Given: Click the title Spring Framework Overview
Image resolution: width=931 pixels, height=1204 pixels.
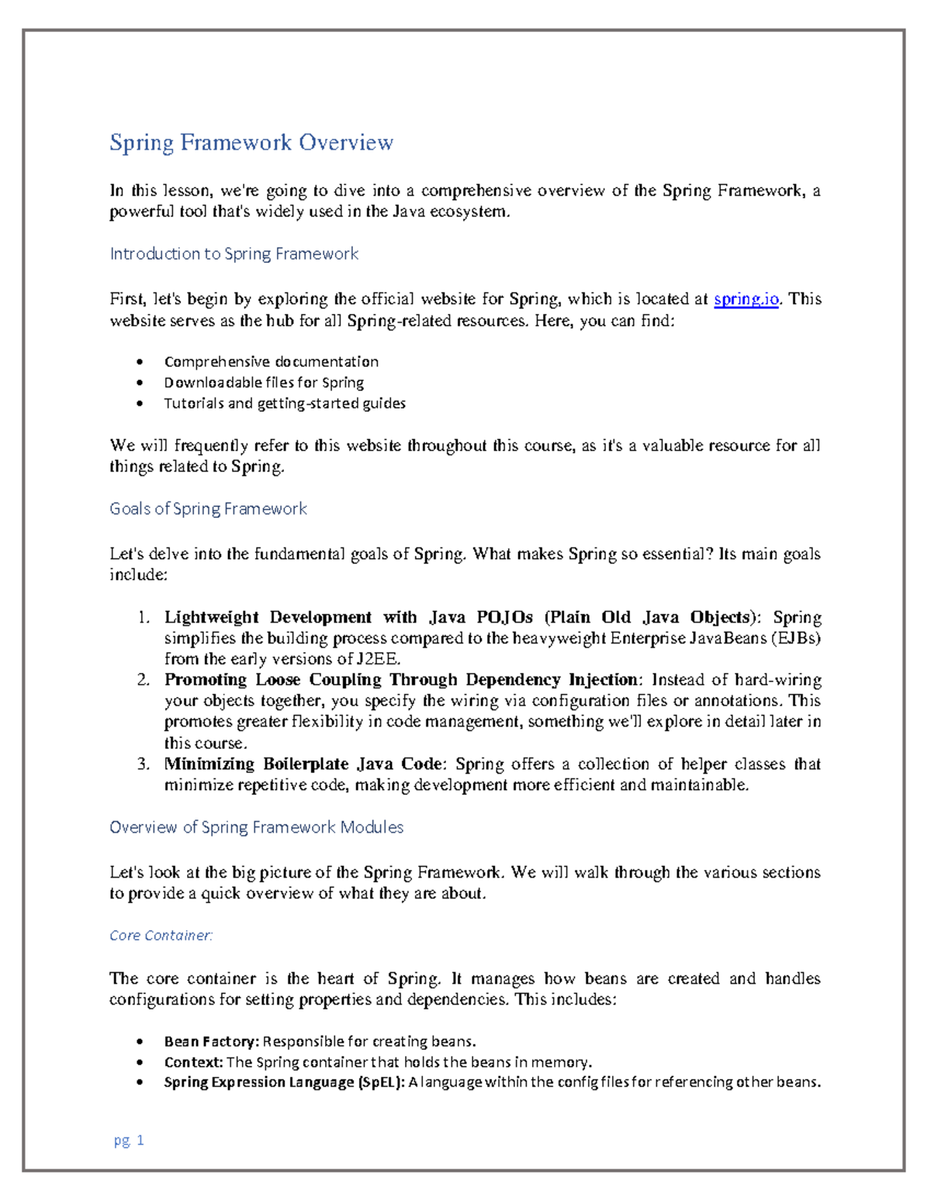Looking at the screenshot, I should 251,143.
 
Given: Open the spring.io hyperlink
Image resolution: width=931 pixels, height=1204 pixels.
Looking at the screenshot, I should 746,299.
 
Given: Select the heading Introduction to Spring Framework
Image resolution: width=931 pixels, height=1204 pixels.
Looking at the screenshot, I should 234,254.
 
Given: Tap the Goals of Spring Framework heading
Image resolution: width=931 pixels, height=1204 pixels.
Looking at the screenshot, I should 208,509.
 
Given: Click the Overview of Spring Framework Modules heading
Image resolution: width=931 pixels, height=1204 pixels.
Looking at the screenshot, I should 256,827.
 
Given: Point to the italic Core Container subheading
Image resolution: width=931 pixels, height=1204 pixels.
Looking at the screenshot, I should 161,936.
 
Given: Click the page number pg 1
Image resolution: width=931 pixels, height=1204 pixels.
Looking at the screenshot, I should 129,1140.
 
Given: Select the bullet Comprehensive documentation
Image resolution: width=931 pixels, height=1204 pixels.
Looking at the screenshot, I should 271,361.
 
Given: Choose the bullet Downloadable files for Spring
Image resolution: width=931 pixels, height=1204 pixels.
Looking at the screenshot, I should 264,382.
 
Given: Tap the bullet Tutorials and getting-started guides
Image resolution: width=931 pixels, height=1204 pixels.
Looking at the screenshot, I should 285,403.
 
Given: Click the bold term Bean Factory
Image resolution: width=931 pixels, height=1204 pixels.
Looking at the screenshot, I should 211,1041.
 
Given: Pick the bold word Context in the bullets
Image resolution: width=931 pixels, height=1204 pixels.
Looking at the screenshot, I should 193,1062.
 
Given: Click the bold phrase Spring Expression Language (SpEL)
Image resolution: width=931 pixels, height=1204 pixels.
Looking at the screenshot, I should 284,1082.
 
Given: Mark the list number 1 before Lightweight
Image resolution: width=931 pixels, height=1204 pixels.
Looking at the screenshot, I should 143,618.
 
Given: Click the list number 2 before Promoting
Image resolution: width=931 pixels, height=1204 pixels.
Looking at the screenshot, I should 143,680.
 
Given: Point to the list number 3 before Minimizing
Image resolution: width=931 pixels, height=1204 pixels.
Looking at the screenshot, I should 143,764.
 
